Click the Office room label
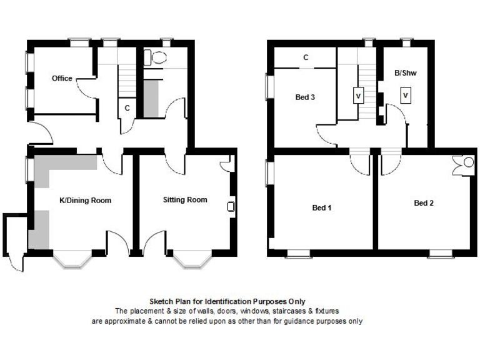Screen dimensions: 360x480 [x=62, y=78]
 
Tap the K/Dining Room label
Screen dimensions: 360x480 [x=85, y=200]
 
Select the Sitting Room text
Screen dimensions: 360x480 [x=185, y=200]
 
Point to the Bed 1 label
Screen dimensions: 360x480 [x=322, y=207]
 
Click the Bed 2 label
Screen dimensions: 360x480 [x=424, y=202]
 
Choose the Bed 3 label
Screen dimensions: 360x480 [x=305, y=97]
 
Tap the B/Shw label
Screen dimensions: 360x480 [x=405, y=73]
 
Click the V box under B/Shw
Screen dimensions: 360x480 [x=406, y=95]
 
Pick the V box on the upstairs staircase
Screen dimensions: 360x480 [x=358, y=96]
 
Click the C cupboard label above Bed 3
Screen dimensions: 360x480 [x=306, y=57]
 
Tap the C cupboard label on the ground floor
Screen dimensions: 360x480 [x=127, y=107]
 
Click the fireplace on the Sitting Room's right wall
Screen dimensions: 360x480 [x=231, y=207]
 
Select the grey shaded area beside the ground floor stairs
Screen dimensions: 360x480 [x=151, y=98]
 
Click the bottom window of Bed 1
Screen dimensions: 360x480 [x=298, y=253]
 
